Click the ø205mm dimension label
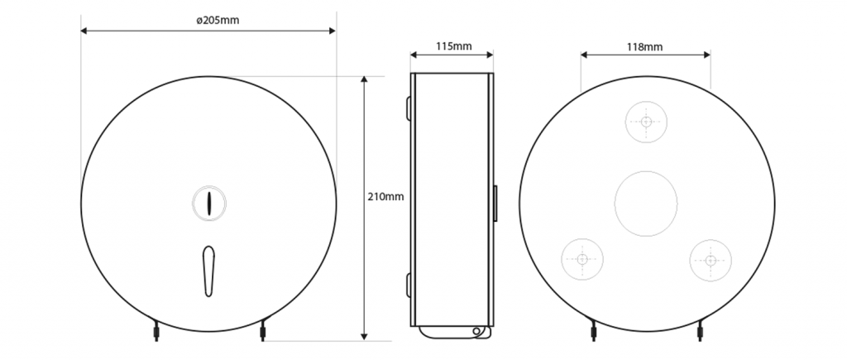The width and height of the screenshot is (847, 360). [x=218, y=21]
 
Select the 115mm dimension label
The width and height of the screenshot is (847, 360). [x=452, y=46]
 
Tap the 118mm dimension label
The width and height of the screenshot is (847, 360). [x=645, y=46]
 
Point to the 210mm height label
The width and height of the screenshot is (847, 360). [x=385, y=197]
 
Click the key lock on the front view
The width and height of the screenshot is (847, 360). [x=209, y=202]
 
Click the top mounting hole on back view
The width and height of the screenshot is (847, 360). [x=646, y=122]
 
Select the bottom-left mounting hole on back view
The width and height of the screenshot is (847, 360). [x=582, y=260]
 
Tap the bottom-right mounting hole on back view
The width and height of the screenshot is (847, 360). [x=710, y=260]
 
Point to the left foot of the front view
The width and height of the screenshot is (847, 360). [x=155, y=331]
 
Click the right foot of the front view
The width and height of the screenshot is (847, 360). [x=263, y=331]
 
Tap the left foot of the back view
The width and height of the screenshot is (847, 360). [x=592, y=331]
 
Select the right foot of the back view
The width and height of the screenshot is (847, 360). [x=701, y=331]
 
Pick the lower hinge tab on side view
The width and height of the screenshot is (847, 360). [x=409, y=284]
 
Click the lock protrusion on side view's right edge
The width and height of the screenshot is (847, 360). [x=495, y=202]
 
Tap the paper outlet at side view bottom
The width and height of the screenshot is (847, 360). [x=455, y=332]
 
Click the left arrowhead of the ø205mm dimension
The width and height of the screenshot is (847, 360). [x=84, y=31]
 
